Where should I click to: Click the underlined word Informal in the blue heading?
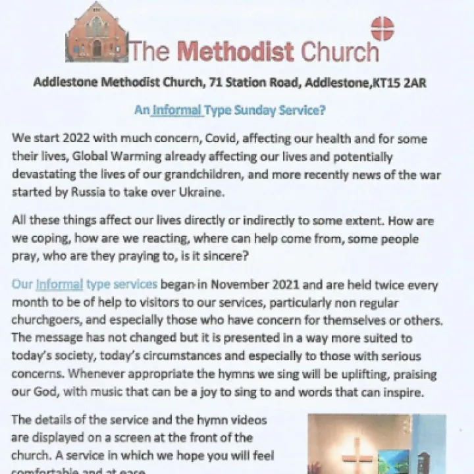pyautogui.click(x=177, y=110)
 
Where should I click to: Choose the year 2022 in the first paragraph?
pyautogui.click(x=72, y=140)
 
